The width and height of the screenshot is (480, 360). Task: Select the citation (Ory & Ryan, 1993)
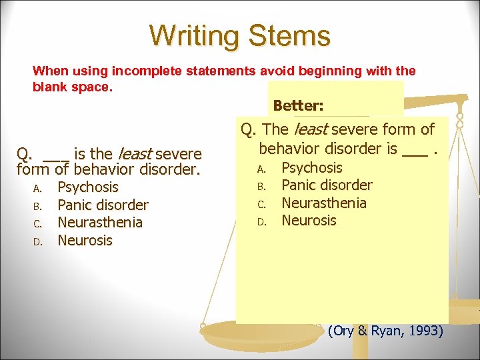pyautogui.click(x=385, y=331)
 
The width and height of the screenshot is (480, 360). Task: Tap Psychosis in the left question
pyautogui.click(x=87, y=187)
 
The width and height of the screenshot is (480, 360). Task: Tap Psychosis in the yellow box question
pyautogui.click(x=311, y=168)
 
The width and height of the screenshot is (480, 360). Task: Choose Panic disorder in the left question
pyautogui.click(x=103, y=205)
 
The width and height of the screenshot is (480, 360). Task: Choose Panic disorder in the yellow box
pyautogui.click(x=327, y=185)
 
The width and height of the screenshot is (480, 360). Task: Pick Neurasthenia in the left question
pyautogui.click(x=100, y=222)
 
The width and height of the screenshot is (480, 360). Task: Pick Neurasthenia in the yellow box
pyautogui.click(x=324, y=203)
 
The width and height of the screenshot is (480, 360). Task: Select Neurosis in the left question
pyautogui.click(x=85, y=240)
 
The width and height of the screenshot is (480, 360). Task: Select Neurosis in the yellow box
pyautogui.click(x=309, y=220)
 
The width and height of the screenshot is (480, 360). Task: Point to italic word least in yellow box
pyautogui.click(x=317, y=129)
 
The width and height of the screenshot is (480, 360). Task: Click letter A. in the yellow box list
pyautogui.click(x=262, y=169)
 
